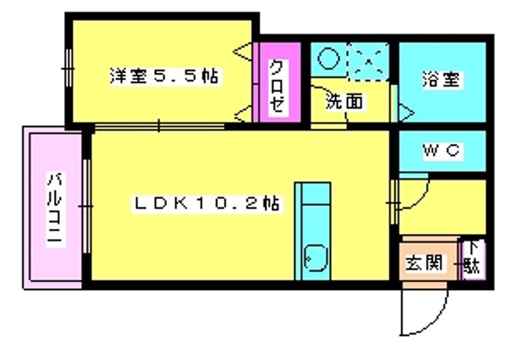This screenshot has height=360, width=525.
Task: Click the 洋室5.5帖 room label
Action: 164,77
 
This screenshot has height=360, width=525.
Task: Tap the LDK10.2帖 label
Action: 206,203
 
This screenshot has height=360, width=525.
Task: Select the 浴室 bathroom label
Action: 441,79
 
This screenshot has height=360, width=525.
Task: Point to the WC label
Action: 442,151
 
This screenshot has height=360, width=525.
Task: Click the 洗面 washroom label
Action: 344,101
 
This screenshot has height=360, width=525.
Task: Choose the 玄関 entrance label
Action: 424,262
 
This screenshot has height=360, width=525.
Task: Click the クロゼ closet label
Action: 277,86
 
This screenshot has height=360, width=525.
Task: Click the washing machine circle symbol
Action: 328,58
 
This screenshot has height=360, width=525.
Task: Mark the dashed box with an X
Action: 368,61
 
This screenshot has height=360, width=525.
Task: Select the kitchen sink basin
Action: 316,258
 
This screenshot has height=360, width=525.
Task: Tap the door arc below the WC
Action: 422,198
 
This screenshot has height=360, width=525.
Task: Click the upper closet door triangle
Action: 243,52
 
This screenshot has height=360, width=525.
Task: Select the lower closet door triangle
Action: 244,114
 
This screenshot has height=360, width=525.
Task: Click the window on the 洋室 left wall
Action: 68,69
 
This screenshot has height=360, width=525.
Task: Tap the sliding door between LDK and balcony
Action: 86,206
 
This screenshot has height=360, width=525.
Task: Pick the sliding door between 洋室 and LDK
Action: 160,127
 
